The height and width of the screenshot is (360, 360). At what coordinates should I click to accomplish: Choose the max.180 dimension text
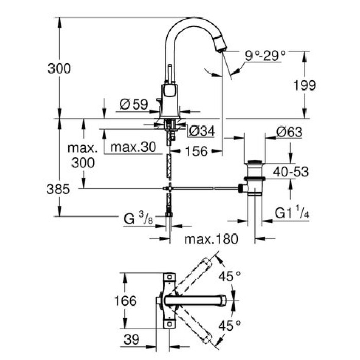210,239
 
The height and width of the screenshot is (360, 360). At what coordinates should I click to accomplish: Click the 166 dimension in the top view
125,300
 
